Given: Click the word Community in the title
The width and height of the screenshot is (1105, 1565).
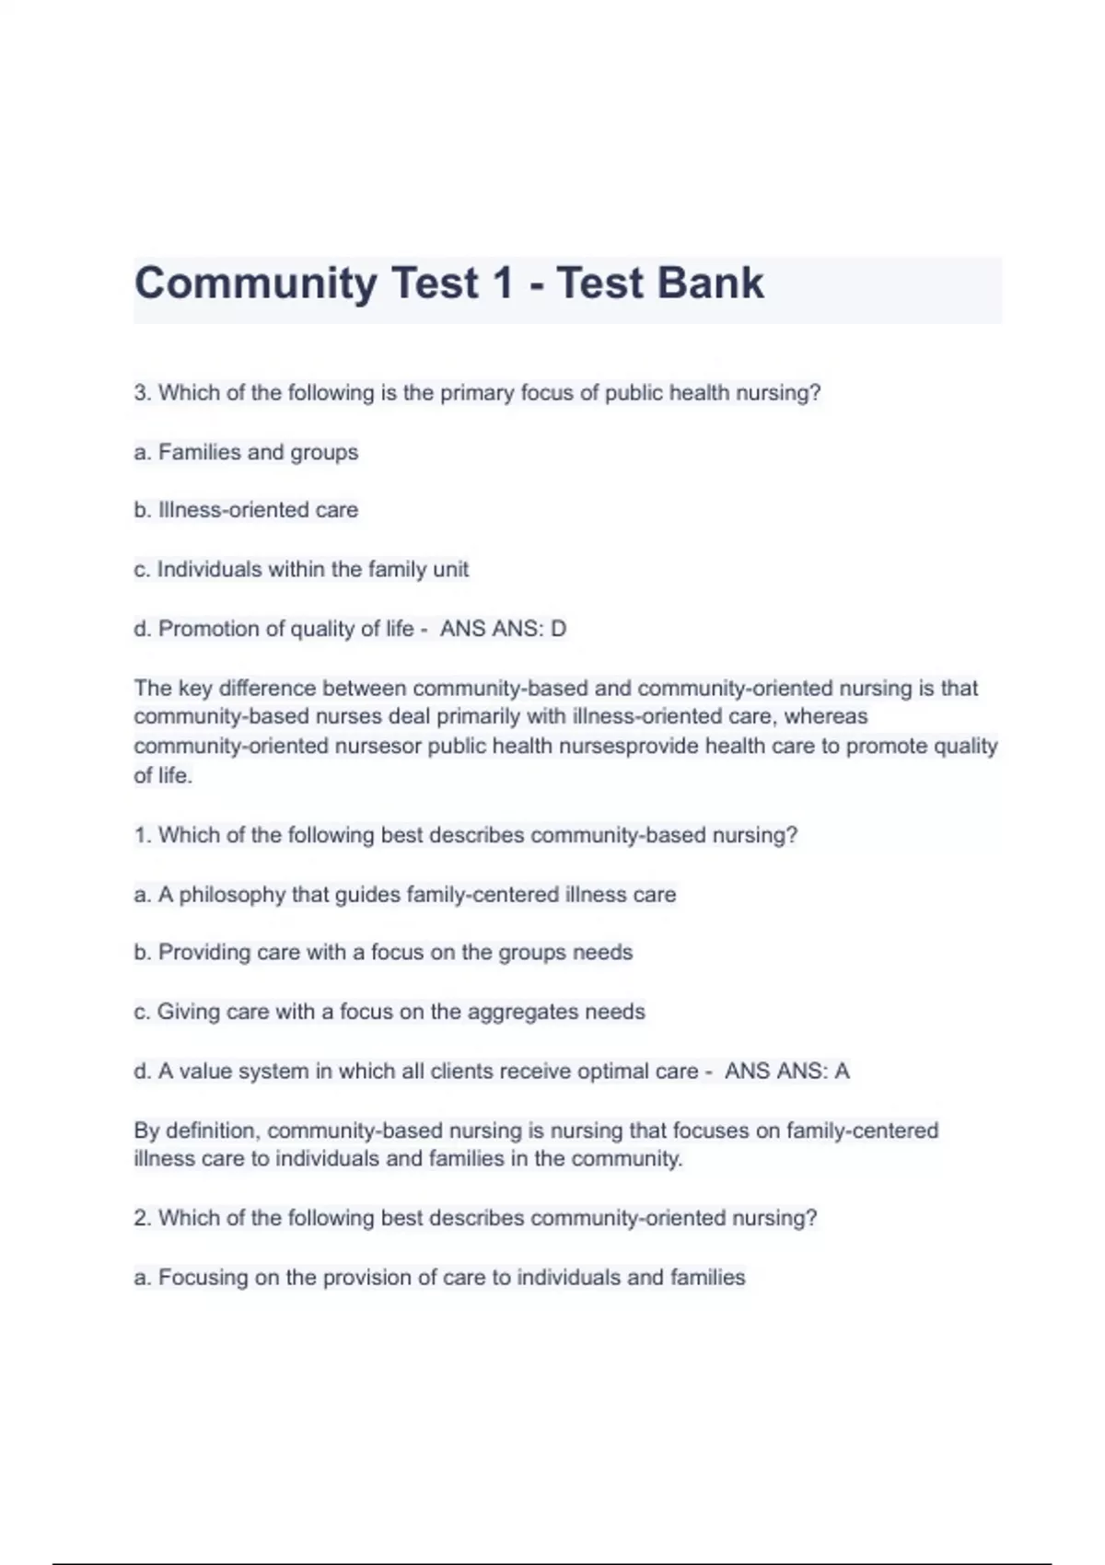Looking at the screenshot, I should coord(255,284).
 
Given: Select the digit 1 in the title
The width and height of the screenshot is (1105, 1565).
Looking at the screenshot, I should coord(502,283).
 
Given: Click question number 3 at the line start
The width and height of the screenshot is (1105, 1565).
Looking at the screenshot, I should coord(142,393).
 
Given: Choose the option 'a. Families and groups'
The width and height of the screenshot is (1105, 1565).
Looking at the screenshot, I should coord(246,452).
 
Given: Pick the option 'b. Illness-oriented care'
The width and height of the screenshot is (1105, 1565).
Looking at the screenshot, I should coord(246,510).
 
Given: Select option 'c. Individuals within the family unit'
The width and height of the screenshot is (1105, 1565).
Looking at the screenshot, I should coord(301,570).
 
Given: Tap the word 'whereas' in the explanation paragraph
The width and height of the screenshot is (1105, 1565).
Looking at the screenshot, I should coord(826,716).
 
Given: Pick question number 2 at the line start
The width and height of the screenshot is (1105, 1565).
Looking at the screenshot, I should coord(142,1218).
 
